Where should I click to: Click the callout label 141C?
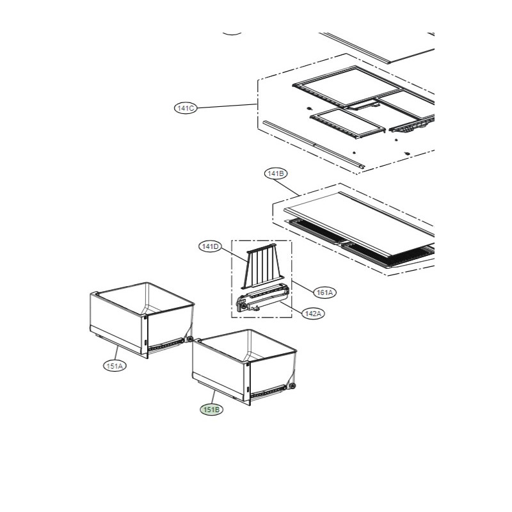pos(186,108)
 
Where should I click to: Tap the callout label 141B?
pos(276,173)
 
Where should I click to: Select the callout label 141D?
pos(211,246)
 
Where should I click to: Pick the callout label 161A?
pos(324,292)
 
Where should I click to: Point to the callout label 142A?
pos(313,314)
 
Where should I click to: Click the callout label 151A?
pos(115,365)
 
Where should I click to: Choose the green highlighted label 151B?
pos(212,409)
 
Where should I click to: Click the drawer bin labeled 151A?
pos(141,320)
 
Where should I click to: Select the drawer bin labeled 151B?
pos(244,367)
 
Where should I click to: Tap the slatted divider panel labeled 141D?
pos(262,266)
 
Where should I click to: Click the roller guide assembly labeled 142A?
pos(262,298)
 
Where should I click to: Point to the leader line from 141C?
pos(227,106)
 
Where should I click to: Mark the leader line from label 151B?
pos(214,397)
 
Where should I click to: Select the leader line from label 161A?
pos(303,286)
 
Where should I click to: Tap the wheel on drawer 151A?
pos(189,339)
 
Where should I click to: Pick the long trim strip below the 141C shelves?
pos(314,145)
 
